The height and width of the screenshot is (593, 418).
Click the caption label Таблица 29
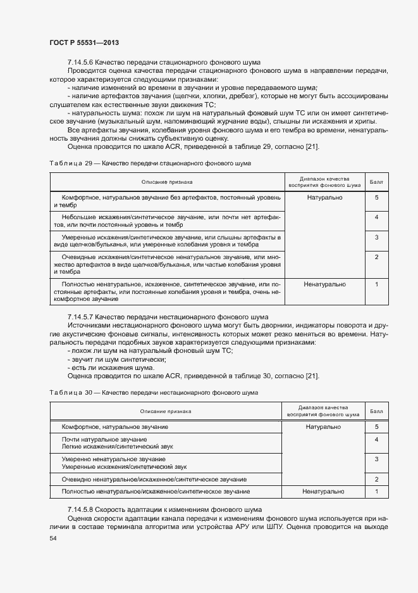click(70, 163)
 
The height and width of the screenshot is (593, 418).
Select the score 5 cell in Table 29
click(376, 198)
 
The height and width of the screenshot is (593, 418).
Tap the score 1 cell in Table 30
click(376, 492)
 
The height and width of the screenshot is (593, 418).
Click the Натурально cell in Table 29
click(324, 198)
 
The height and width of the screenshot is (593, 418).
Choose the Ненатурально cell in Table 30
click(324, 492)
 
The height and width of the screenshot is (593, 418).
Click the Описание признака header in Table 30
click(166, 411)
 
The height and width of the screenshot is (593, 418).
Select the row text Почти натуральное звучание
click(104, 439)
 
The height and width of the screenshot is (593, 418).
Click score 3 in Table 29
click(376, 237)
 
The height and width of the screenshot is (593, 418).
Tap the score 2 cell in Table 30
click(376, 479)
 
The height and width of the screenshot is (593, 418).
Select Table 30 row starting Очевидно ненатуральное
click(154, 479)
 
